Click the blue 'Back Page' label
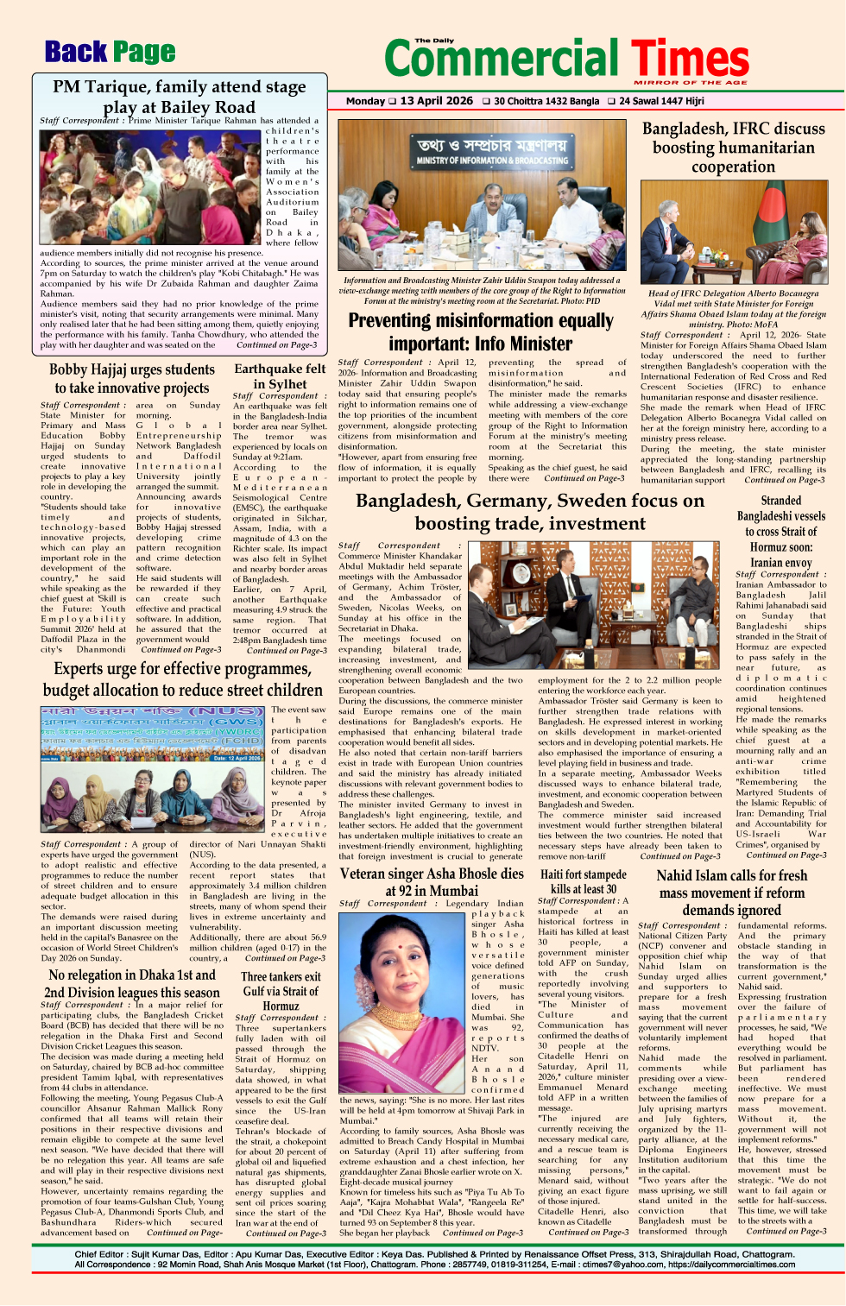[x=110, y=53]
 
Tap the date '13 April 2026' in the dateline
[x=436, y=101]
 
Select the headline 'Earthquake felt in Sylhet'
[x=280, y=376]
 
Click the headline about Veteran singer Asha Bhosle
[x=432, y=881]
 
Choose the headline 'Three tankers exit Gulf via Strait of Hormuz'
[x=281, y=991]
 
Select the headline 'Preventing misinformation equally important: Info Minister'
[x=481, y=331]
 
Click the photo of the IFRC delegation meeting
[x=733, y=235]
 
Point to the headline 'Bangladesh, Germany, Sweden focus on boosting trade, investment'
[x=530, y=512]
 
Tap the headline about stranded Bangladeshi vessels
[x=780, y=531]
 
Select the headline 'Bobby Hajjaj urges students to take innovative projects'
[x=131, y=379]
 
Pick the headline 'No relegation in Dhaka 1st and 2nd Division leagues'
[x=132, y=983]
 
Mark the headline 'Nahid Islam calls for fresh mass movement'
[x=731, y=893]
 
